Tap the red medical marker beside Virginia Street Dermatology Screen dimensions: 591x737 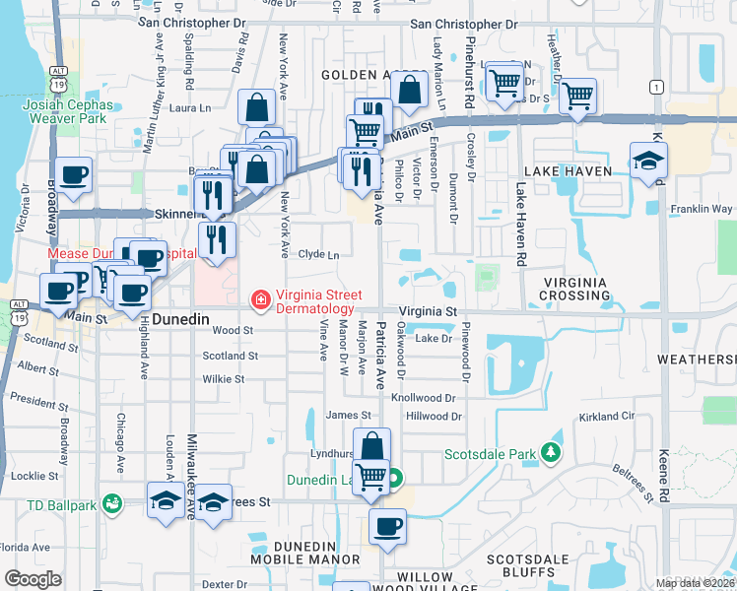260,298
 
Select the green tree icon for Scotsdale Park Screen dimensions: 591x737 552,454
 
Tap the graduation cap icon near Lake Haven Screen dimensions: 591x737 649,161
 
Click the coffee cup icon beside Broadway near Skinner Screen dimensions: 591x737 74,176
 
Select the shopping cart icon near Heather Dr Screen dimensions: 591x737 577,97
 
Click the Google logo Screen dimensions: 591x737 33,579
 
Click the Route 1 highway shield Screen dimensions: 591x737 655,88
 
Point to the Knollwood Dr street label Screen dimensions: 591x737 426,398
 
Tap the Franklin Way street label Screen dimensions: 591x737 701,209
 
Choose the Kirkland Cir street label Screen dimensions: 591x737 606,418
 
